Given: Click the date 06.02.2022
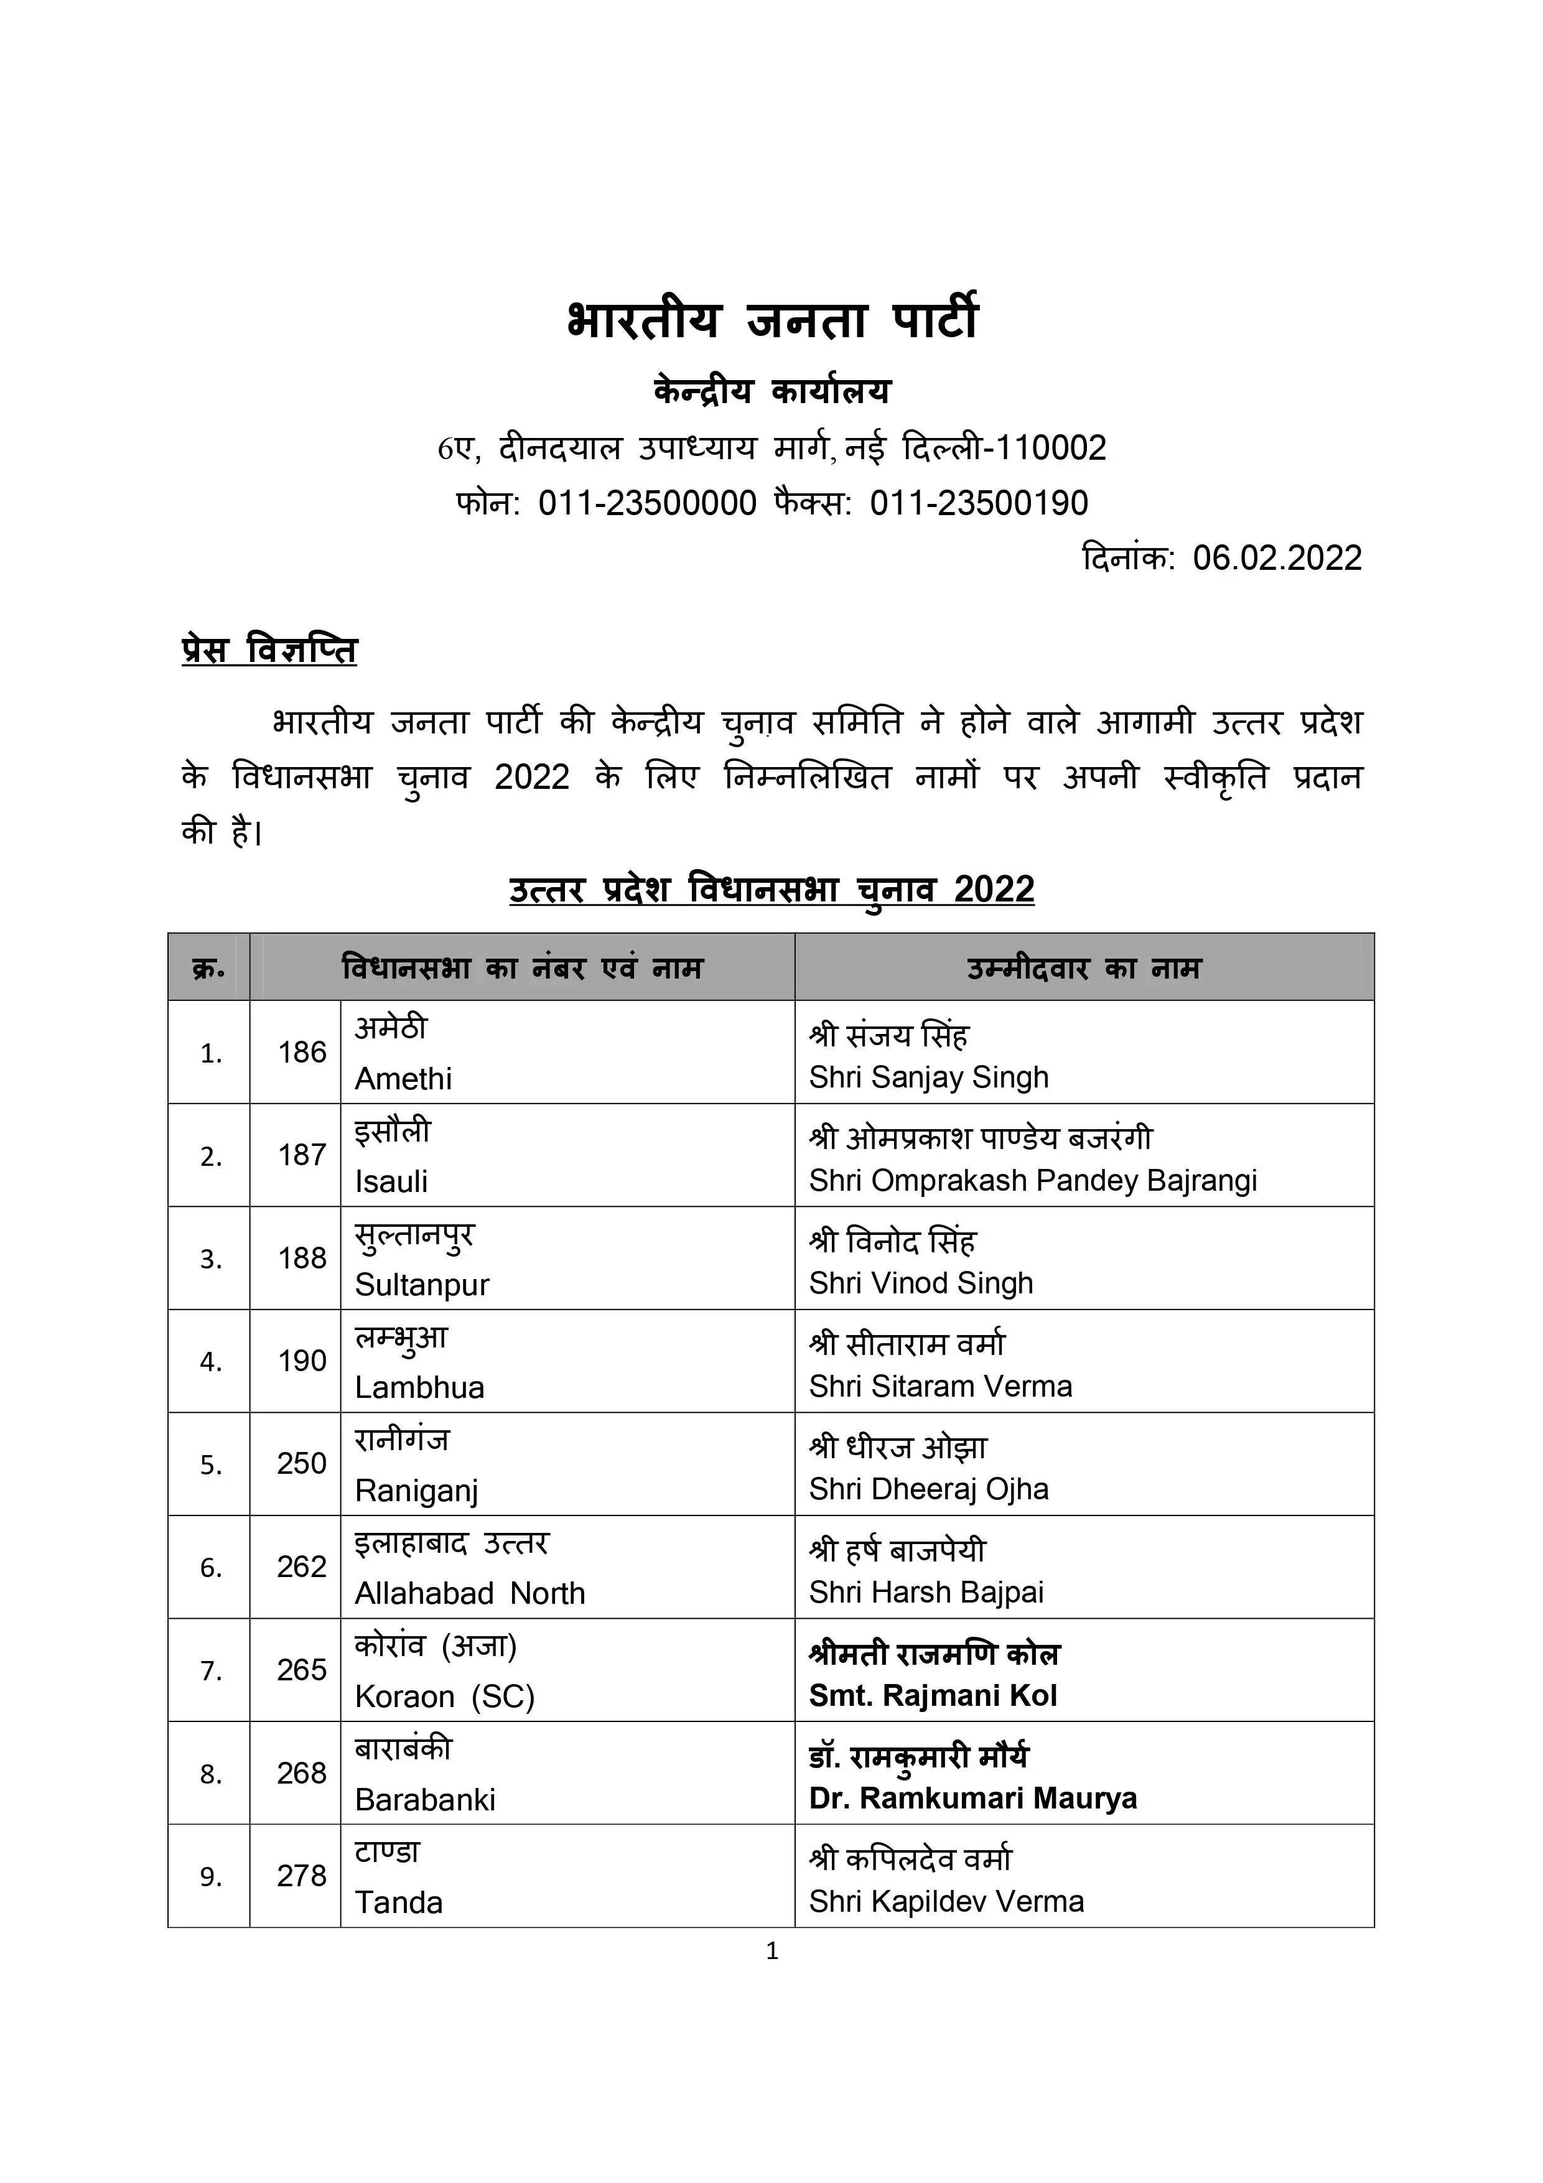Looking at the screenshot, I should click(1277, 558).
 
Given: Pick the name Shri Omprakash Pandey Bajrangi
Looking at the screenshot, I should click(1032, 1181).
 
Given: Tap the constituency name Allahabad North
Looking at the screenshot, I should click(470, 1593).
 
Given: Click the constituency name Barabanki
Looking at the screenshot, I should click(425, 1799).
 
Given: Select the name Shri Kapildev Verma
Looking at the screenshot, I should click(946, 1902).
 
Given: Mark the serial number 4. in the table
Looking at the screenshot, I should click(210, 1362).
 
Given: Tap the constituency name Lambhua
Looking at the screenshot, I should click(419, 1387).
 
